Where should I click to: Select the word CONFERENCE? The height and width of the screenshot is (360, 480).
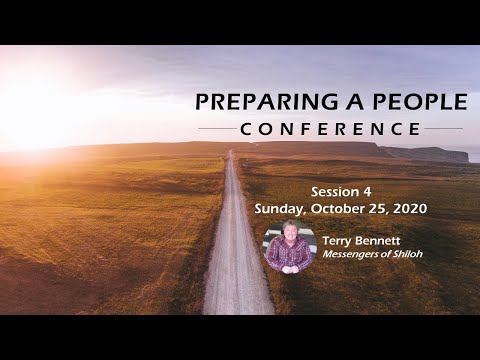[x=330, y=129]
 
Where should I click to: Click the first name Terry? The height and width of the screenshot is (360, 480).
[x=339, y=241]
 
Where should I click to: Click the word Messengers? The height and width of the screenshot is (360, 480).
[x=353, y=256]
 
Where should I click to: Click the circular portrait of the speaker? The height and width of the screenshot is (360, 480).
[x=290, y=247]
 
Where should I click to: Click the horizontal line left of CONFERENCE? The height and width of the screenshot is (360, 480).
[x=217, y=129]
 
